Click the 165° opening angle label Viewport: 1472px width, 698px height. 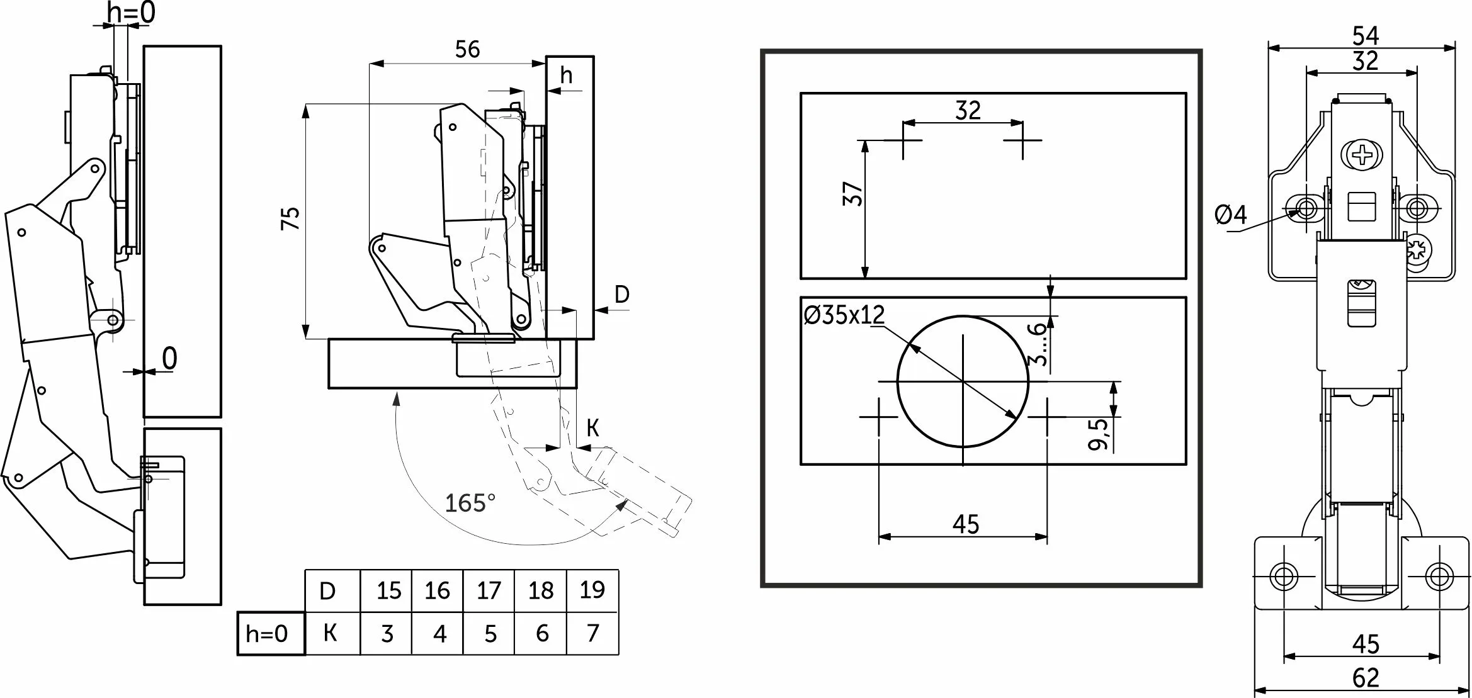pyautogui.click(x=470, y=504)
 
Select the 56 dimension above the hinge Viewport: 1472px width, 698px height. pyautogui.click(x=467, y=50)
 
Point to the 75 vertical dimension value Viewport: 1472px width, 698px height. pyautogui.click(x=291, y=218)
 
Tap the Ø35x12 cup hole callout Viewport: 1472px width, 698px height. pyautogui.click(x=844, y=315)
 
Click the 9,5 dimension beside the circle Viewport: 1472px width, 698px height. pyautogui.click(x=1099, y=434)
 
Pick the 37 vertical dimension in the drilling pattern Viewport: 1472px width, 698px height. pyautogui.click(x=852, y=194)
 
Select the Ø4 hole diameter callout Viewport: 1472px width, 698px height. pyautogui.click(x=1230, y=215)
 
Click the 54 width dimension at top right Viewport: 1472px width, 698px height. pyautogui.click(x=1366, y=36)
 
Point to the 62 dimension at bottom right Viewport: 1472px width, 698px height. pyautogui.click(x=1366, y=678)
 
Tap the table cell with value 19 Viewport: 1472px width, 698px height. pyautogui.click(x=592, y=590)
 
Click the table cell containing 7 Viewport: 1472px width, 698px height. pyautogui.click(x=592, y=633)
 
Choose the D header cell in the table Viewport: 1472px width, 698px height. pyautogui.click(x=327, y=591)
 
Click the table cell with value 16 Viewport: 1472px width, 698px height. pyautogui.click(x=437, y=591)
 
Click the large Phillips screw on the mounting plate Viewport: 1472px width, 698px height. pyautogui.click(x=1362, y=154)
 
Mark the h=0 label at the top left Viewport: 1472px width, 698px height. pyautogui.click(x=131, y=13)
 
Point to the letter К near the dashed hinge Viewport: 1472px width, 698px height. pyautogui.click(x=592, y=429)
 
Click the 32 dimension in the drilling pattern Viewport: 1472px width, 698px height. pyautogui.click(x=968, y=111)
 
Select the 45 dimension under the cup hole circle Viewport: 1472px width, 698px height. pyautogui.click(x=966, y=524)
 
